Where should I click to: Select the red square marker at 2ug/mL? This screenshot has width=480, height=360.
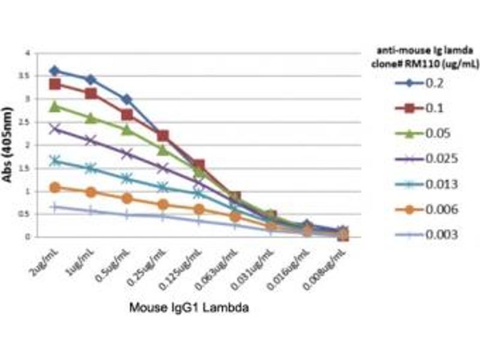pos(55,84)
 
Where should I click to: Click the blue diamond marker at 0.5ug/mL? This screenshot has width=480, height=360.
pos(127,99)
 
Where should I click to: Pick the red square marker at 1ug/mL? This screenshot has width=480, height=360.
pos(91,93)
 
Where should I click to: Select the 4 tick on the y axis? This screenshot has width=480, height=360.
pos(27,53)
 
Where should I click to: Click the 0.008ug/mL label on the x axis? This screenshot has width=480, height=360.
pos(329,264)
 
